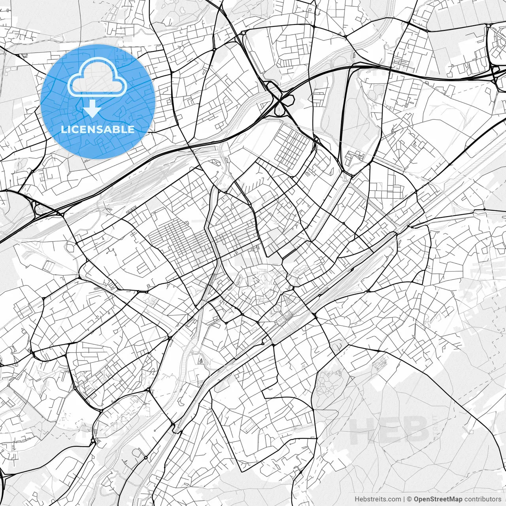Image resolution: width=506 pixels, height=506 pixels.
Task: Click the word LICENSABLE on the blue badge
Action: pyautogui.click(x=98, y=129)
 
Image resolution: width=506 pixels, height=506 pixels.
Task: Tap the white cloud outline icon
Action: pyautogui.click(x=97, y=77)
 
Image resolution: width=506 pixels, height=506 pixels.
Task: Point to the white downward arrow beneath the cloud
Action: pyautogui.click(x=92, y=109)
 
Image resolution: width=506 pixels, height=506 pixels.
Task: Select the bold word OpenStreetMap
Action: pyautogui.click(x=438, y=499)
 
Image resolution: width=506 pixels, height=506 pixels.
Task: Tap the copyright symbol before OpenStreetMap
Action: pyautogui.click(x=410, y=499)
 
